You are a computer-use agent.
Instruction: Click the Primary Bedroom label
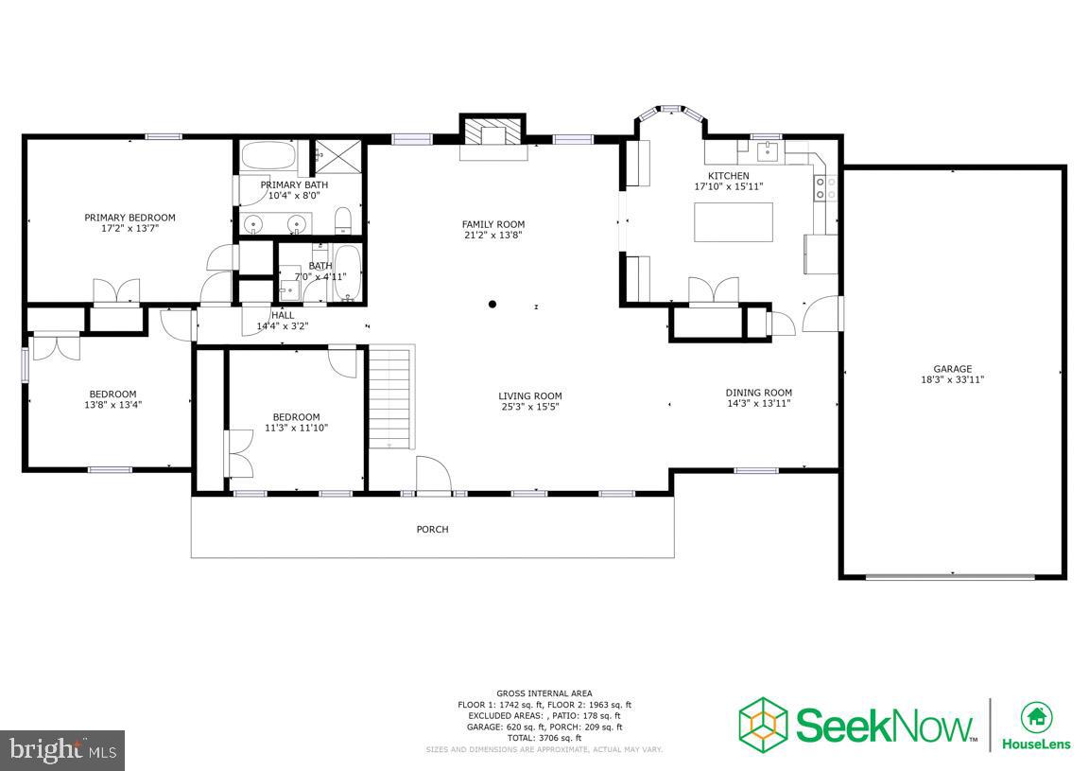pyautogui.click(x=130, y=218)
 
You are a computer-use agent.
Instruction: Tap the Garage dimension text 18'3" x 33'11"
pyautogui.click(x=953, y=379)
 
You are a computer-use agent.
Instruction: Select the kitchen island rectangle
pyautogui.click(x=733, y=222)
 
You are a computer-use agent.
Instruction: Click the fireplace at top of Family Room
pyautogui.click(x=492, y=133)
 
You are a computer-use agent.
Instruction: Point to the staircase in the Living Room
pyautogui.click(x=390, y=397)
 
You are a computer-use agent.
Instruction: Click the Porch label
pyautogui.click(x=432, y=530)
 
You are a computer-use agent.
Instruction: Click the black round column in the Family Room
pyautogui.click(x=493, y=305)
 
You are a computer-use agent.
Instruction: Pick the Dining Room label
pyautogui.click(x=758, y=393)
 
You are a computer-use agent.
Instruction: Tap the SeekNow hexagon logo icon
pyautogui.click(x=763, y=724)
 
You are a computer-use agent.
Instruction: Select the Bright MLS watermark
pyautogui.click(x=62, y=750)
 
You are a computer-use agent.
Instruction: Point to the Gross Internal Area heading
pyautogui.click(x=544, y=693)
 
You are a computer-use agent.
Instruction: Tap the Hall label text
pyautogui.click(x=283, y=315)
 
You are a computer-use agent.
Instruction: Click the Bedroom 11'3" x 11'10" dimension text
pyautogui.click(x=296, y=428)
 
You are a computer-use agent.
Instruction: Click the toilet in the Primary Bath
pyautogui.click(x=344, y=221)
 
